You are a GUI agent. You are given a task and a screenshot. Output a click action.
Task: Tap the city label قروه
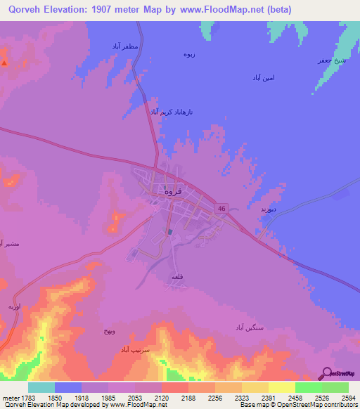click(x=173, y=190)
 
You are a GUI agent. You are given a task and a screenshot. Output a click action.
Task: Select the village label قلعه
click(x=177, y=278)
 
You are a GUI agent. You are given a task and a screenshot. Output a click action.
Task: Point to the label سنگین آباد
click(x=250, y=327)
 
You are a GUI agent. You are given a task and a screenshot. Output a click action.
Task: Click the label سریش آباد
click(x=136, y=349)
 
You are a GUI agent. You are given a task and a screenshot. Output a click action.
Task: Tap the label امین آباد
click(x=266, y=77)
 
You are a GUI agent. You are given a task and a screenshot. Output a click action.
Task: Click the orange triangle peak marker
click(x=5, y=63)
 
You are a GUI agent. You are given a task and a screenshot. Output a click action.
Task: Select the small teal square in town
click(x=170, y=231)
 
